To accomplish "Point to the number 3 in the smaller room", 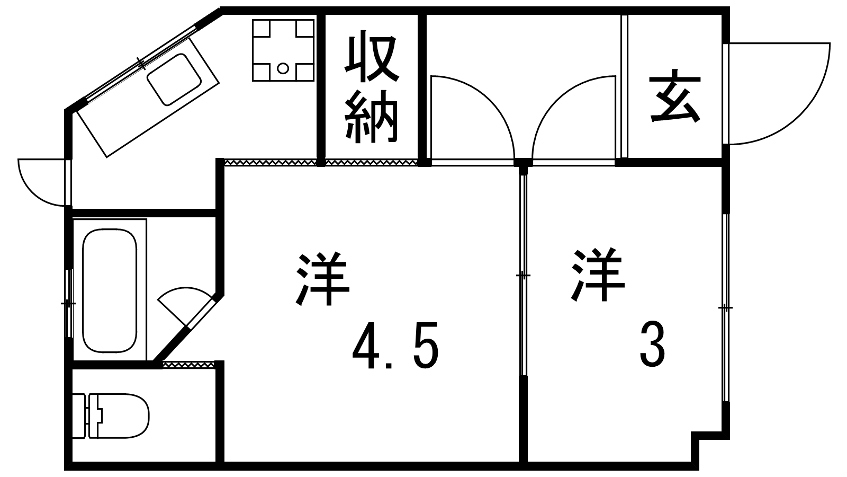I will point(652,347).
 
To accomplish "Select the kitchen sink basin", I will point(174,79).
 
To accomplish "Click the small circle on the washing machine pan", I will point(283,68).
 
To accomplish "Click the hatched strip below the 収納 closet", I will point(371,162).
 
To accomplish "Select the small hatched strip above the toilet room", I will point(188,365).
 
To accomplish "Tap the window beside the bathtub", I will point(68,303).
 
